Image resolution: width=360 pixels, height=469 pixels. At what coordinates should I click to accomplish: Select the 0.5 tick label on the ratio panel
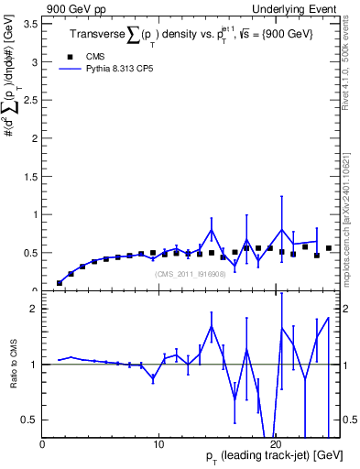tap(30, 420)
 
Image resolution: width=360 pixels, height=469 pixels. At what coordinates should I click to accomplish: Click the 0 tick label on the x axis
tap(43, 444)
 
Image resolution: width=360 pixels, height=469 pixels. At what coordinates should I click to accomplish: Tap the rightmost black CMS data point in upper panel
tap(329, 248)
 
